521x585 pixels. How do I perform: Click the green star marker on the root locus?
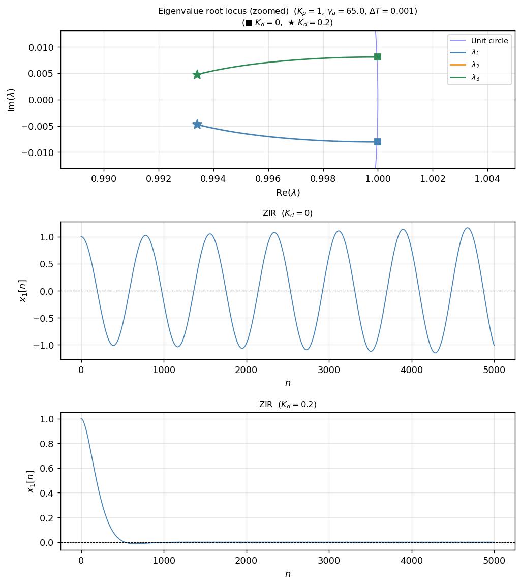[x=197, y=75]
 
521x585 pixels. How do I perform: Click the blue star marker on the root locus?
[x=197, y=125]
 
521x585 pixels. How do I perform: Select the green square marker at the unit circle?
[x=377, y=57]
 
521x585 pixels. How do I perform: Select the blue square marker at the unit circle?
[x=377, y=142]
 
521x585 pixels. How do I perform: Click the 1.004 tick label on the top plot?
[x=487, y=179]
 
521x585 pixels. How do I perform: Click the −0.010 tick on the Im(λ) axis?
[x=40, y=152]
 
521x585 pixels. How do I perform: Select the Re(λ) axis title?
[x=288, y=193]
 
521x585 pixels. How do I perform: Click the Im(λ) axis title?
[x=11, y=100]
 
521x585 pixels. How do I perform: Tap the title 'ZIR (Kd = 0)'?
[x=288, y=213]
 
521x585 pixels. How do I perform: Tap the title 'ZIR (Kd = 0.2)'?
[x=288, y=405]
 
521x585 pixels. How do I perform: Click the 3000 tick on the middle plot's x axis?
[x=329, y=370]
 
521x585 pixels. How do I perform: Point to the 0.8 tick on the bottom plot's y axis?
[x=47, y=444]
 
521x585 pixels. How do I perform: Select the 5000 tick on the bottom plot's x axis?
[x=494, y=561]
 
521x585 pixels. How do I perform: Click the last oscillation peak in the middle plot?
[x=467, y=228]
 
